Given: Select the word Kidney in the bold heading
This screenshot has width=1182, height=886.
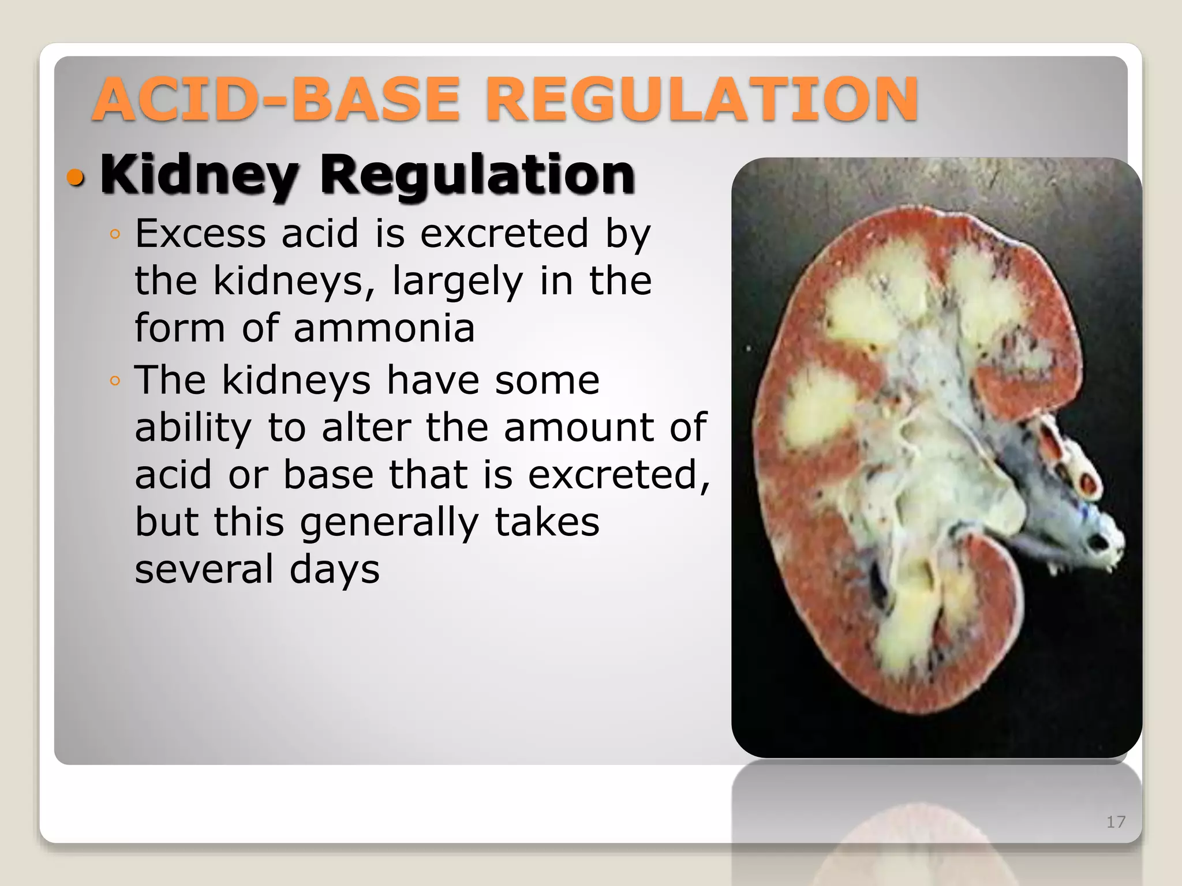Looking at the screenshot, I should point(199,175).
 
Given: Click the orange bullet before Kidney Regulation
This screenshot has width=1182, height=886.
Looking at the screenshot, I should point(76,178).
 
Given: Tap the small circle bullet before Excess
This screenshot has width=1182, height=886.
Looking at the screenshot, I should point(115,234).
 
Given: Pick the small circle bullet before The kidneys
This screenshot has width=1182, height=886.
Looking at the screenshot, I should point(115,381).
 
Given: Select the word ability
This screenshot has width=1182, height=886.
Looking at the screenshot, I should point(193,428).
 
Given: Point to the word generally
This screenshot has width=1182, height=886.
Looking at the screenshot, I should point(389,523).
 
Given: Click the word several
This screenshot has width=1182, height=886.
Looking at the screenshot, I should point(204,569).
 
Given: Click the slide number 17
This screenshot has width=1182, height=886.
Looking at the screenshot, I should point(1116,822).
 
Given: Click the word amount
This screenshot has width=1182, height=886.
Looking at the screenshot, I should point(579,428).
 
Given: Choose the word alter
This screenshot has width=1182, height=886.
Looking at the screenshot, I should point(366,428).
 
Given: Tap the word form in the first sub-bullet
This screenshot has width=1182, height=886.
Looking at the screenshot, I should point(179,328).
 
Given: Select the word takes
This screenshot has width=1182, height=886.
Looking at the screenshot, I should point(547,523).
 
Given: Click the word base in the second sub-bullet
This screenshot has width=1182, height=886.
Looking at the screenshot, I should point(328,475).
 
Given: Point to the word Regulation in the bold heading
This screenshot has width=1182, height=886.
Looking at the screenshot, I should point(477,175).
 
